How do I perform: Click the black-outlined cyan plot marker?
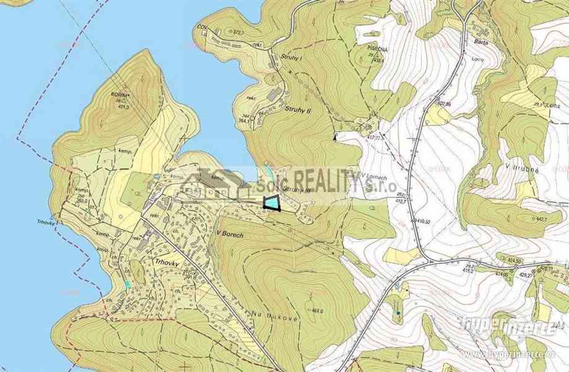271,203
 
